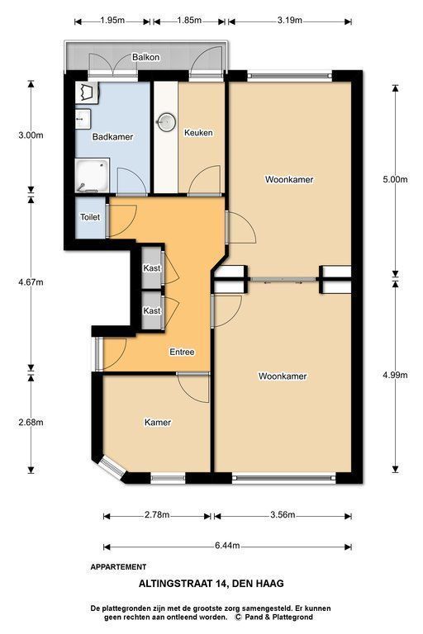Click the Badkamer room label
(x=112, y=137)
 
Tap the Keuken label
(x=198, y=133)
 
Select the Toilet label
(x=90, y=217)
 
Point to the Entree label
(x=182, y=352)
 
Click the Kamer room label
(x=158, y=423)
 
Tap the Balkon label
(x=145, y=58)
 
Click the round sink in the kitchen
(x=166, y=121)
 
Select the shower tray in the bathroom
(x=93, y=176)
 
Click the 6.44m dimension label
(x=227, y=546)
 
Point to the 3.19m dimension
(x=290, y=20)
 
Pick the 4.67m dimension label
(x=31, y=282)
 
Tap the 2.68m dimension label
(x=31, y=423)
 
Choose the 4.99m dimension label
(x=395, y=375)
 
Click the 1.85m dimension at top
(x=189, y=20)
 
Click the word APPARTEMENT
(x=118, y=567)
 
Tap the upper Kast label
(x=152, y=268)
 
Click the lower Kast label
(x=152, y=311)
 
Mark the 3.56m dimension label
(x=283, y=515)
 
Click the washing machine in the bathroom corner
(x=87, y=93)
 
